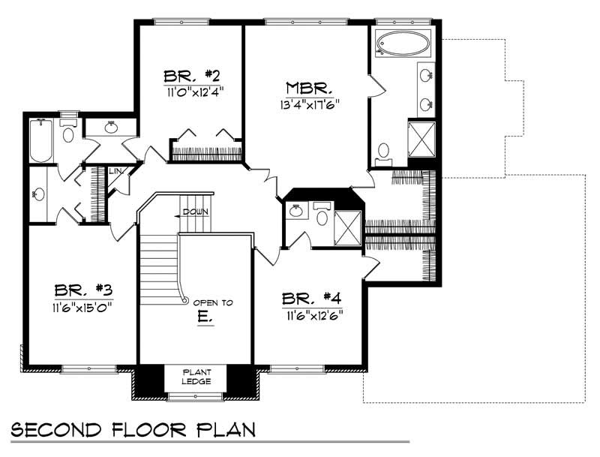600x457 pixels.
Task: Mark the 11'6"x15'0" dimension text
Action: point(82,306)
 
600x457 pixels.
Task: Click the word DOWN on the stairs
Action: point(195,212)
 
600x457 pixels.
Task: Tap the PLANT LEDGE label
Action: point(199,377)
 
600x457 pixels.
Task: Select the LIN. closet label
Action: point(116,172)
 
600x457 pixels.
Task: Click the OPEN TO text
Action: point(213,302)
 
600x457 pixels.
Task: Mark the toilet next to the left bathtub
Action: point(68,133)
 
